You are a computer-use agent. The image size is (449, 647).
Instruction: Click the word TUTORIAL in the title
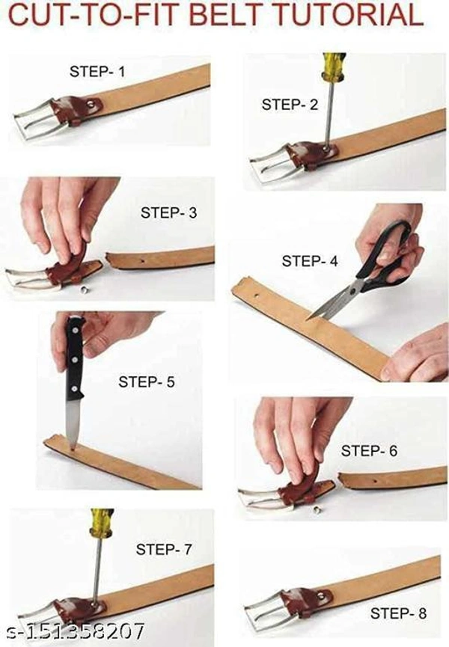tap(350, 15)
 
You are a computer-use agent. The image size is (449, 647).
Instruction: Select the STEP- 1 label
tap(97, 71)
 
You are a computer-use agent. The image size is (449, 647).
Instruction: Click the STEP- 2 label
tap(290, 105)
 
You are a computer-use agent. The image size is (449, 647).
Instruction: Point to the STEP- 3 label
tap(169, 212)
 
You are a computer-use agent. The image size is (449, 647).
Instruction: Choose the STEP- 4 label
tap(310, 261)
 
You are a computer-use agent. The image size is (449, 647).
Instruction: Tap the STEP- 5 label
tap(147, 381)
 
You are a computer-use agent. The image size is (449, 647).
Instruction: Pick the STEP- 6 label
tap(369, 450)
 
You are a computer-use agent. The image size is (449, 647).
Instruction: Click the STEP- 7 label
tap(164, 549)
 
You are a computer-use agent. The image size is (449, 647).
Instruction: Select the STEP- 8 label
tap(398, 613)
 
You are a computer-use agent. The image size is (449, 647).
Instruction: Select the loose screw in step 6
tap(317, 509)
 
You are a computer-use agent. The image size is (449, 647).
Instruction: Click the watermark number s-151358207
tap(77, 631)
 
